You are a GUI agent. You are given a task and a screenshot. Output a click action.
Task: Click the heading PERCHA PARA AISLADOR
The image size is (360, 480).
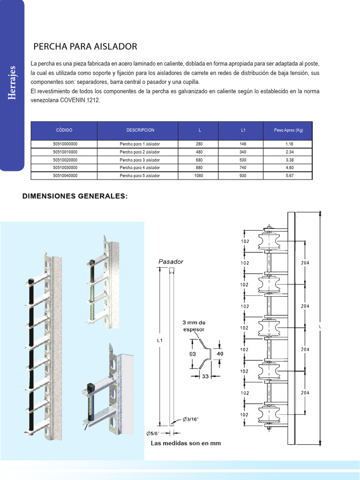[85, 46]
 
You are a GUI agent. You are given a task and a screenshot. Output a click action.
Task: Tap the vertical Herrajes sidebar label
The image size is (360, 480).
[13, 83]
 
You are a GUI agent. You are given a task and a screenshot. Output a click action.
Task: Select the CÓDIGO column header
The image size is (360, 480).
[64, 130]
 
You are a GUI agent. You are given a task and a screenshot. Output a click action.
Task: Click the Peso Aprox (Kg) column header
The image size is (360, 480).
[288, 130]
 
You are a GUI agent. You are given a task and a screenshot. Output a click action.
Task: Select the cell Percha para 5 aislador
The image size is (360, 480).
[140, 175]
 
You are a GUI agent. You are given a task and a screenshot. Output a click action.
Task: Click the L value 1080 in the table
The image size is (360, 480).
[199, 175]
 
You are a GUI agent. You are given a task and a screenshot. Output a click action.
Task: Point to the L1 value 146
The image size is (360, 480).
[243, 144]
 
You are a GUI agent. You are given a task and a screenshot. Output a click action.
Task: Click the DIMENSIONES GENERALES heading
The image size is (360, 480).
[75, 196]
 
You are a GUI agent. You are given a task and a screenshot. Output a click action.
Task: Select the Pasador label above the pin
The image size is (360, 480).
[171, 261]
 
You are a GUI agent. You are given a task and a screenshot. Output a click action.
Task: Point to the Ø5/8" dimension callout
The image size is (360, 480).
[154, 433]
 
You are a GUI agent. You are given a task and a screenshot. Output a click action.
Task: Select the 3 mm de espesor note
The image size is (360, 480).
[194, 326]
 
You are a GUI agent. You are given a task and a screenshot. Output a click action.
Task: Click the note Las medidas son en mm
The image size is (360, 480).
[186, 443]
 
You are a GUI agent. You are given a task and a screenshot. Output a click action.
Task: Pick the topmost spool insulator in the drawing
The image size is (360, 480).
[269, 242]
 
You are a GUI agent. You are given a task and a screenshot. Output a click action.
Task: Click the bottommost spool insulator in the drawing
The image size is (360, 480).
[269, 414]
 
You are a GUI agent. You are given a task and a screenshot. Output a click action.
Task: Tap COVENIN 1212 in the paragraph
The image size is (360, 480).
[80, 100]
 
